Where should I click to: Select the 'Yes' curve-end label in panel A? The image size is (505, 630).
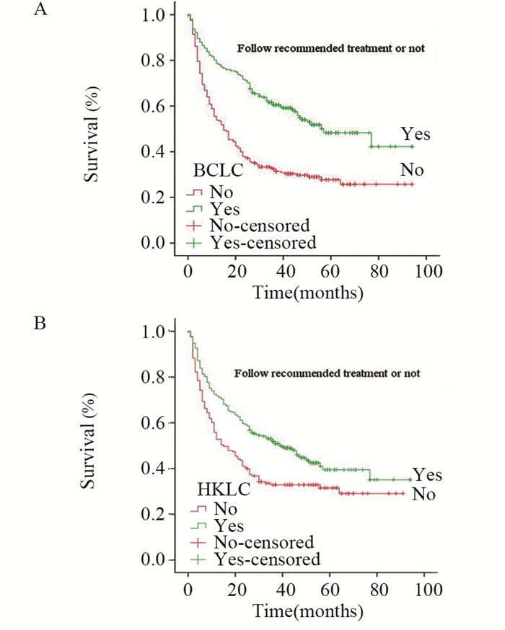[x=416, y=134]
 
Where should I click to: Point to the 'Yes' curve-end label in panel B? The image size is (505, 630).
[x=427, y=476]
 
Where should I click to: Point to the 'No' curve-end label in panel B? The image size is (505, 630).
[x=426, y=494]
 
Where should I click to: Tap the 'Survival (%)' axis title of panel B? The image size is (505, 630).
[x=89, y=445]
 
